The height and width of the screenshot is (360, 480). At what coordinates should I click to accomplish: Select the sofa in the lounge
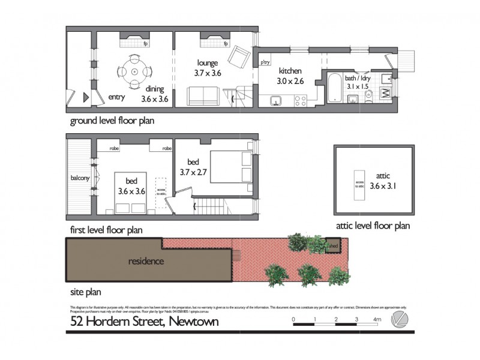tap(203, 96)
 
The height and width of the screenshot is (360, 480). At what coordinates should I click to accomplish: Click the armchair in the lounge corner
tap(241, 57)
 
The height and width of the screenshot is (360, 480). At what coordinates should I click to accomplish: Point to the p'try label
tap(264, 62)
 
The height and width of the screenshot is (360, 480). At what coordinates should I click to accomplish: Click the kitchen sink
tap(277, 100)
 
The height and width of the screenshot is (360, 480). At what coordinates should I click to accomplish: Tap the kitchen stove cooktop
tap(301, 101)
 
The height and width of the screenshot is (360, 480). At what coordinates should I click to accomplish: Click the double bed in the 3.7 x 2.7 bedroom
tap(230, 166)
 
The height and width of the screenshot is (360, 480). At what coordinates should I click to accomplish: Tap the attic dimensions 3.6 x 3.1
tap(383, 186)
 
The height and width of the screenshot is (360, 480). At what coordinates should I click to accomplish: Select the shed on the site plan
tap(331, 245)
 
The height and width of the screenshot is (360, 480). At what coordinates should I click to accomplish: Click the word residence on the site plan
tap(146, 261)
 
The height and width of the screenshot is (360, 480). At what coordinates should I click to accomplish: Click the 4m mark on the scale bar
tap(377, 320)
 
